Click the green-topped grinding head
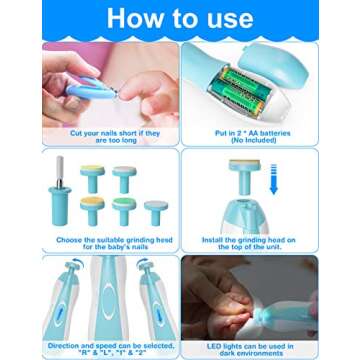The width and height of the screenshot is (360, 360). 123,208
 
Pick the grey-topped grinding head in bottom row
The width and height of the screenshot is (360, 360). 156,211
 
